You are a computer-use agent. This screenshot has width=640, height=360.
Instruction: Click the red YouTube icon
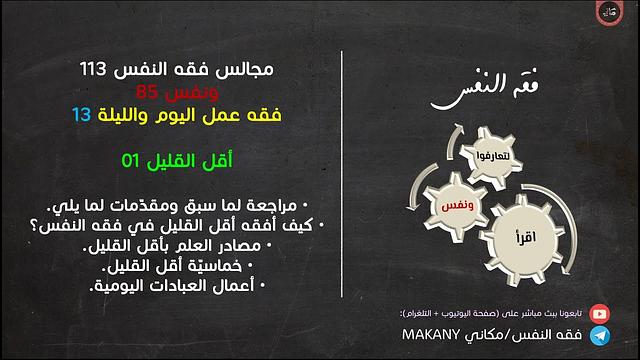pos(599,313)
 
